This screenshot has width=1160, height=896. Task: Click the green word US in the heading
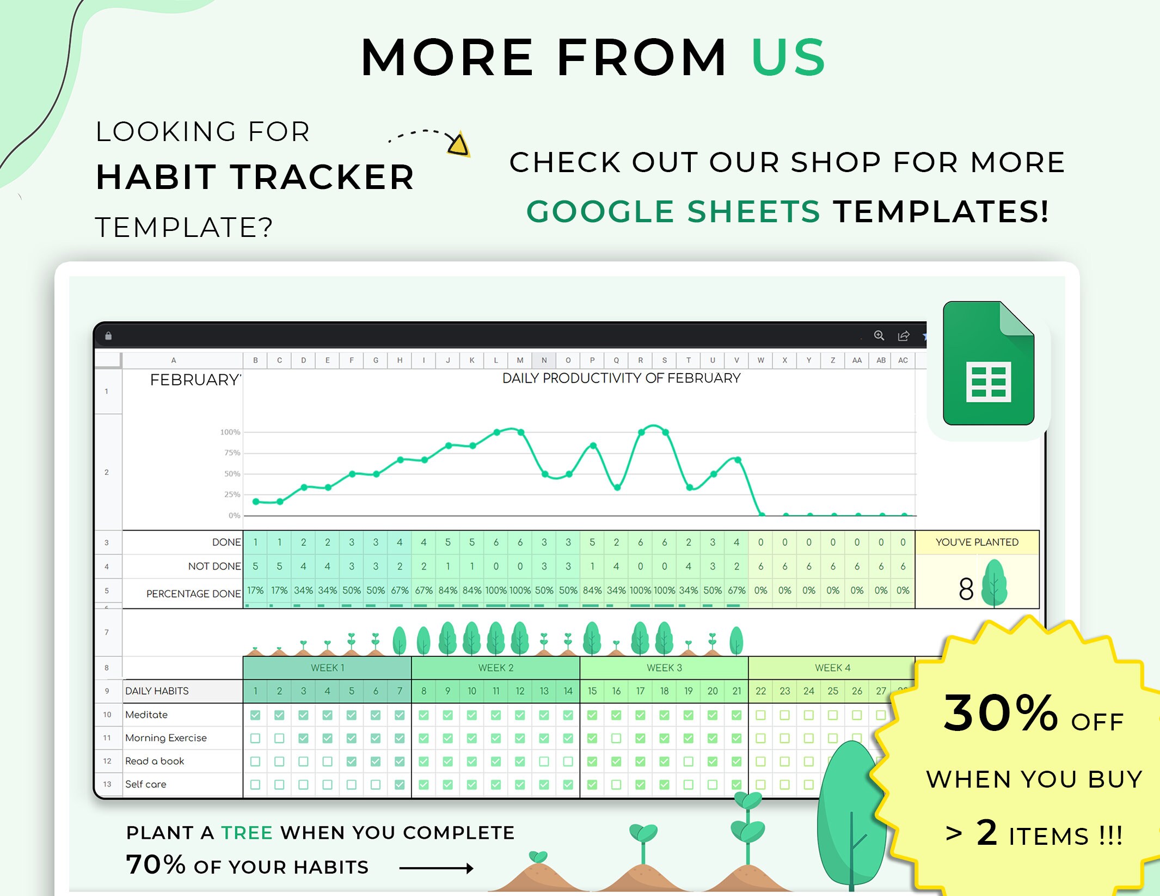pyautogui.click(x=788, y=57)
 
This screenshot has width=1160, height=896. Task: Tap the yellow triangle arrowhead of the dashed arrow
pyautogui.click(x=459, y=145)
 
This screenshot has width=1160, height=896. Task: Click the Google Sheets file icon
pyautogui.click(x=988, y=363)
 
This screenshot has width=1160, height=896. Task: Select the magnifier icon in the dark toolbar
pyautogui.click(x=879, y=336)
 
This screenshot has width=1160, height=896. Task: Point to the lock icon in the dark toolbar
pyautogui.click(x=108, y=336)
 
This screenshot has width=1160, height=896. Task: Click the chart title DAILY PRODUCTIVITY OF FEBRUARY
pyautogui.click(x=621, y=378)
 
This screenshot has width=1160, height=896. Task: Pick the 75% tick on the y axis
pyautogui.click(x=232, y=453)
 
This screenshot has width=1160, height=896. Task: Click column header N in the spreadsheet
pyautogui.click(x=544, y=360)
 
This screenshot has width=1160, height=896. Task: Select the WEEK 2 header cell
pyautogui.click(x=495, y=668)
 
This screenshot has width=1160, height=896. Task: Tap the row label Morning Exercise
pyautogui.click(x=166, y=738)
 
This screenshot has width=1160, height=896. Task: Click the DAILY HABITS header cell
pyautogui.click(x=157, y=691)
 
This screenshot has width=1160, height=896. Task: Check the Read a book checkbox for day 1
pyautogui.click(x=255, y=761)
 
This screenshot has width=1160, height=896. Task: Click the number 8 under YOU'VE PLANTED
pyautogui.click(x=966, y=589)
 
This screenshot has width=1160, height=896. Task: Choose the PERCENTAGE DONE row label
pyautogui.click(x=193, y=594)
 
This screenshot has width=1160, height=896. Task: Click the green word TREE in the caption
pyautogui.click(x=247, y=833)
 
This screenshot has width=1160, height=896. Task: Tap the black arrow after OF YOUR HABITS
pyautogui.click(x=436, y=868)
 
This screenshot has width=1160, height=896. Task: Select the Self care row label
pyautogui.click(x=146, y=784)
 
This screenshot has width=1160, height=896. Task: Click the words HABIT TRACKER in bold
pyautogui.click(x=255, y=178)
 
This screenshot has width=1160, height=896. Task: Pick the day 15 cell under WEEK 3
pyautogui.click(x=592, y=691)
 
